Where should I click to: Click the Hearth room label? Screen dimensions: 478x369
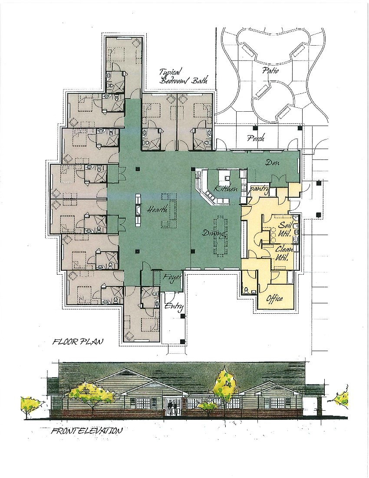pos(157,210)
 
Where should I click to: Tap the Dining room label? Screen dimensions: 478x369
pos(214,233)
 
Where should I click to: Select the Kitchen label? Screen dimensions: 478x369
pos(225,189)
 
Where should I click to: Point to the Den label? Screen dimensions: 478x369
pos(273,163)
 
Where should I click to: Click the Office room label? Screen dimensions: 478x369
pos(274,299)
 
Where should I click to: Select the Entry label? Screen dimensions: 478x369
pos(174,306)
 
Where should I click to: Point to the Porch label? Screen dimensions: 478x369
pos(256,139)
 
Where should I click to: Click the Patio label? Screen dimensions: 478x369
pos(270,70)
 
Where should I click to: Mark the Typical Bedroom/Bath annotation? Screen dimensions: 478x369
pos(183,76)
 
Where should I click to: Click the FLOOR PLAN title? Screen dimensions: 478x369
pos(78,342)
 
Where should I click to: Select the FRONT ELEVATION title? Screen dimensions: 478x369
pos(86,432)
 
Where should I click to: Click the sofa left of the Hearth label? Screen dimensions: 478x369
pos(138,210)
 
